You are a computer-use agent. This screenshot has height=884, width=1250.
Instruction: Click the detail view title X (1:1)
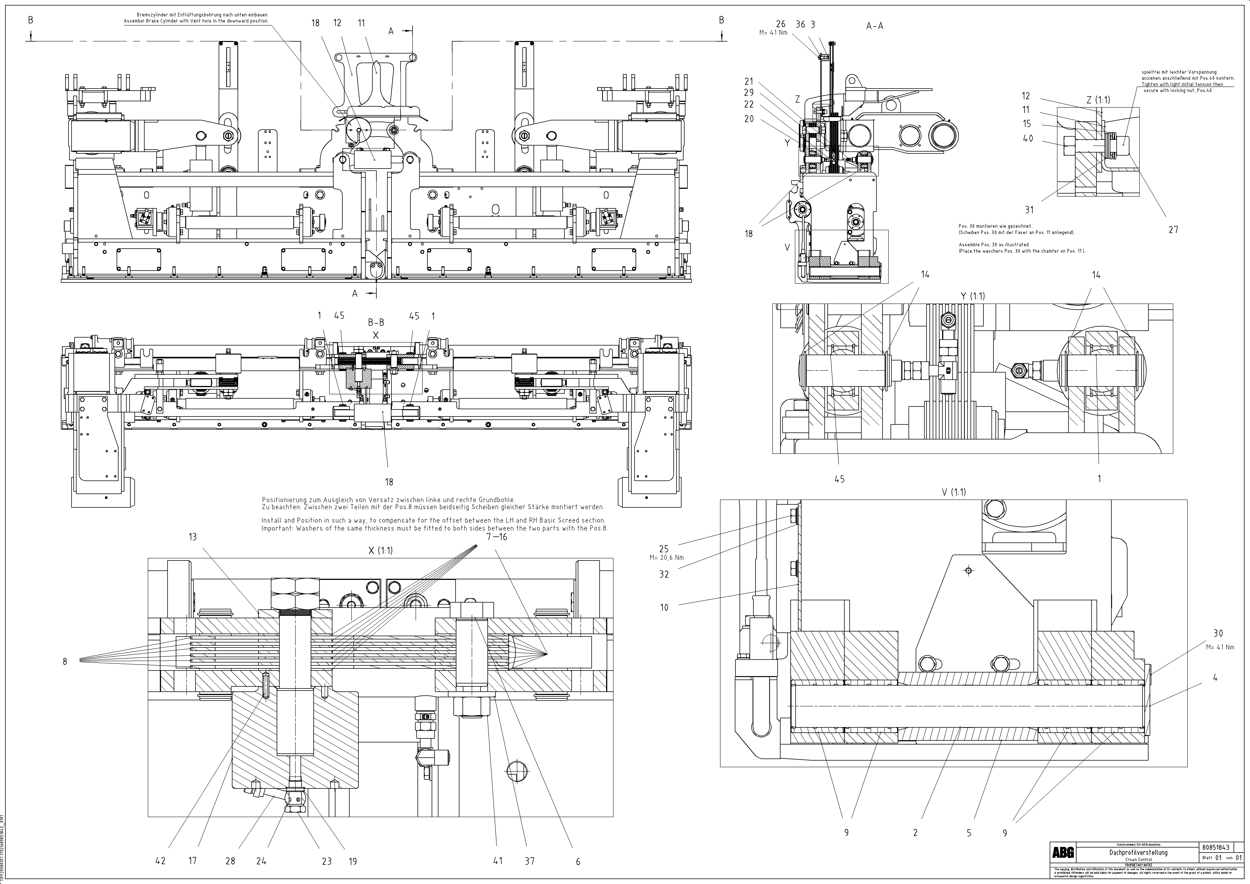point(380,550)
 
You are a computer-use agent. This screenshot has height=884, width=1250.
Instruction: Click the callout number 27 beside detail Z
point(1173,230)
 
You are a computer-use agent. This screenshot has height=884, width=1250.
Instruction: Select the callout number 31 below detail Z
point(1029,209)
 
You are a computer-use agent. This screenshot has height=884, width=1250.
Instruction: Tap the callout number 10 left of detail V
point(664,607)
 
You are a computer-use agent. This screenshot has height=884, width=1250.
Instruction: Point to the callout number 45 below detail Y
point(840,479)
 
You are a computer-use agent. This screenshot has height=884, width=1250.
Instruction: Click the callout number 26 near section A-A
point(781,24)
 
